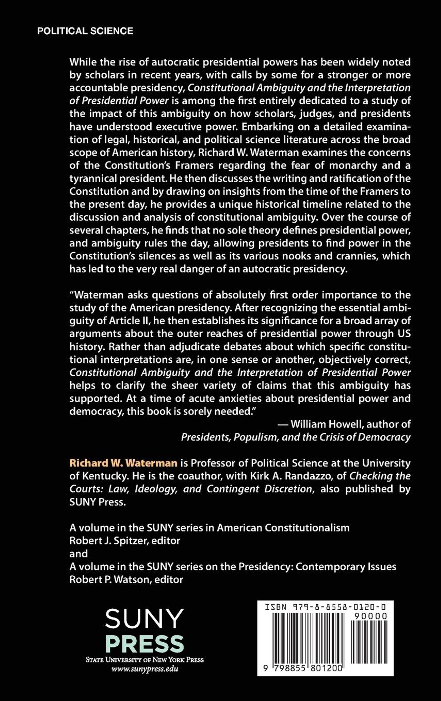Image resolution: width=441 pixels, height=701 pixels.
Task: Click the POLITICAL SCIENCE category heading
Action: pyautogui.click(x=85, y=31)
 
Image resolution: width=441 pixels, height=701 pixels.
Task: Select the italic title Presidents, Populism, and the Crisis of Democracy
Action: pyautogui.click(x=296, y=437)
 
